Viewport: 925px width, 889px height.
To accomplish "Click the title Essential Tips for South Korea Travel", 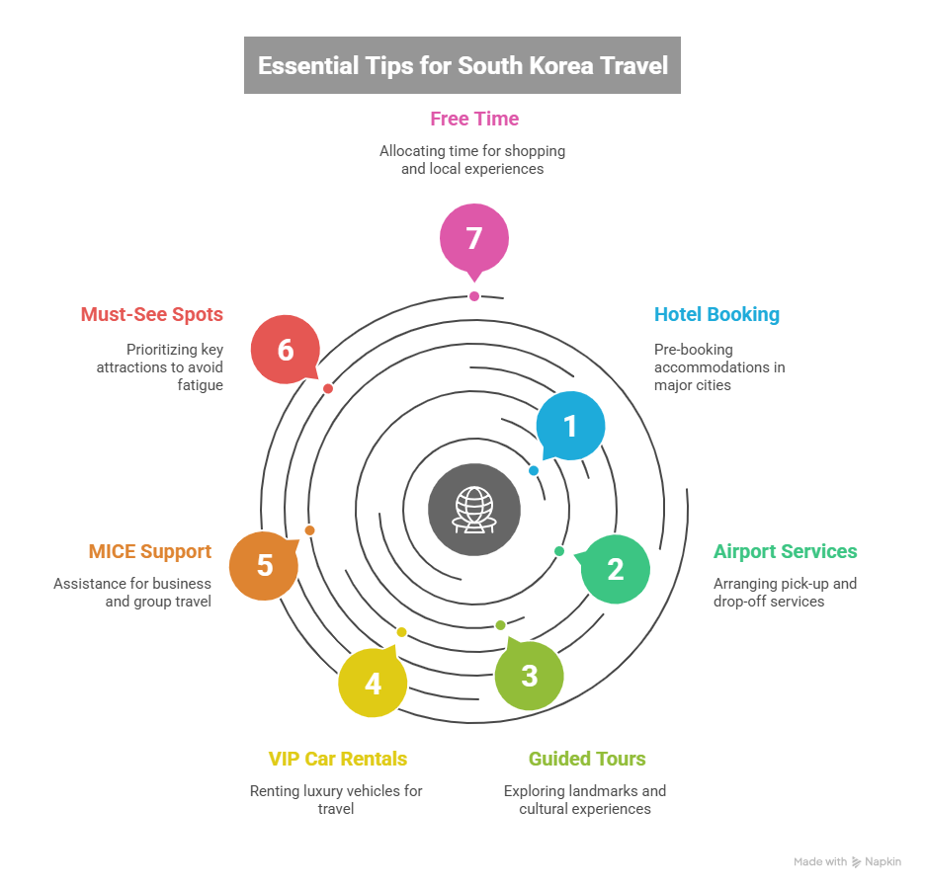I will pos(462,66).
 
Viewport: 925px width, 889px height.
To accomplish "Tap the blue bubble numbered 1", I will pos(570,426).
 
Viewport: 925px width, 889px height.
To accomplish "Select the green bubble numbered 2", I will pos(616,569).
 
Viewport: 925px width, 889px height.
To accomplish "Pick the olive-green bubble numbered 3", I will pos(530,677).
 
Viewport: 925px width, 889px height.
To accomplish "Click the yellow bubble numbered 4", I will pos(373,683).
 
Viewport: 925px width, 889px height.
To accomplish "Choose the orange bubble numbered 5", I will pos(264,566).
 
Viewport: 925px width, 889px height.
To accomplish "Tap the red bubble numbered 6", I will pos(286,350).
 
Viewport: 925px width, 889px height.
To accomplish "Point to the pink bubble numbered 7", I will pos(474,239).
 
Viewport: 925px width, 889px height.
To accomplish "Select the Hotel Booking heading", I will pos(716,315).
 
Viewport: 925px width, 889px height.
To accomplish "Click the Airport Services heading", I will pos(785,551).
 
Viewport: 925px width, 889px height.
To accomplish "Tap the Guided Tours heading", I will pos(587,759).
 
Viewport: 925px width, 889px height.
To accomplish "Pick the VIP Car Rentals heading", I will pos(338,759).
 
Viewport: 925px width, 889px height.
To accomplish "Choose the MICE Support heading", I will pos(149,551).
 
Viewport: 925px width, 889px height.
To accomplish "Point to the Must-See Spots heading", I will pos(151,315).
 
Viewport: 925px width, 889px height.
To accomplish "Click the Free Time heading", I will pos(474,119).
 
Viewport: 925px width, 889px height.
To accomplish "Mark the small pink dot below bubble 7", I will pos(474,296).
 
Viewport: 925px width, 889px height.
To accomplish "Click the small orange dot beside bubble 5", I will pos(309,530).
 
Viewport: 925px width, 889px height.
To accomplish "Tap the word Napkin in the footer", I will pos(883,862).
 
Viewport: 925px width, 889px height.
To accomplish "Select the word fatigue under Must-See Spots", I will pos(202,384).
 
